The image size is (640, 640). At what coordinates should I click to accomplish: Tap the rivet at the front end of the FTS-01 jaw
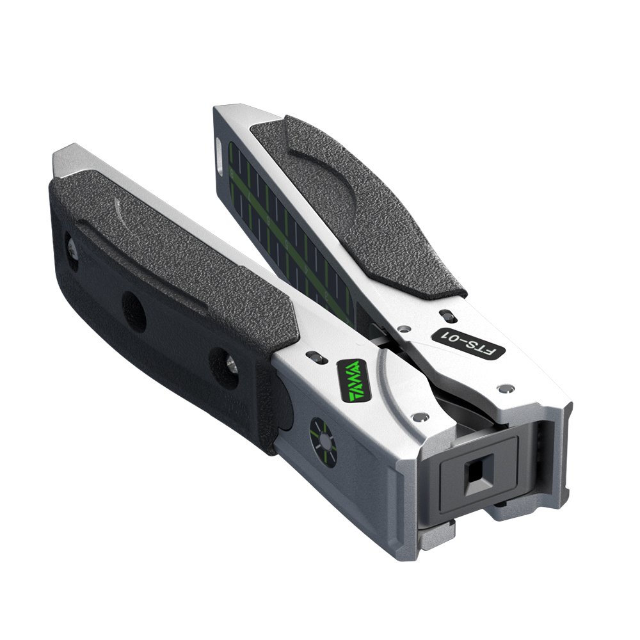(x=506, y=388)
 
